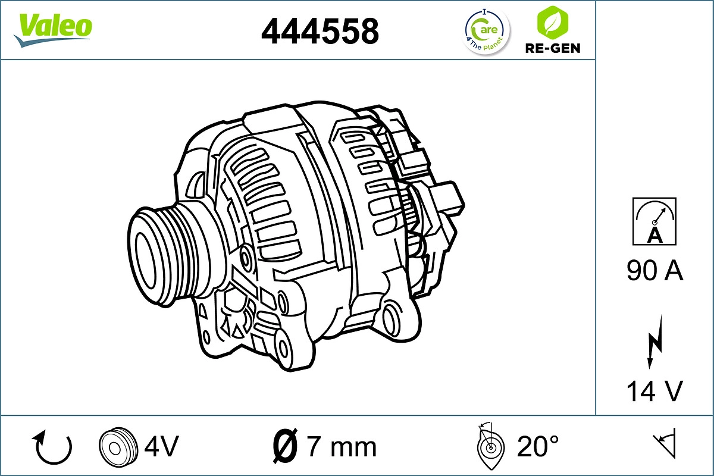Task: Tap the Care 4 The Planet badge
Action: [x=487, y=32]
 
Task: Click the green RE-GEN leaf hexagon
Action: [x=552, y=22]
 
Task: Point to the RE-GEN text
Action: [x=552, y=48]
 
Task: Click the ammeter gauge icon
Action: [x=654, y=221]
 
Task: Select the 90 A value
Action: [x=654, y=271]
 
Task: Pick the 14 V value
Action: [x=654, y=391]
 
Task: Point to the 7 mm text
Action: [x=341, y=446]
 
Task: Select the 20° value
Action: [x=538, y=446]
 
